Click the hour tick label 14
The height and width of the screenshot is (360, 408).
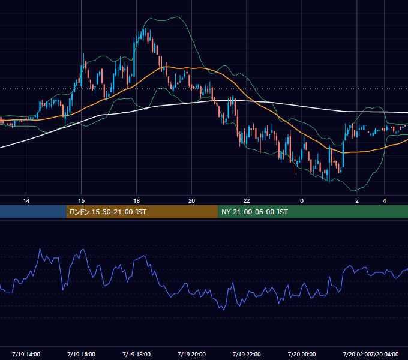tap(26, 201)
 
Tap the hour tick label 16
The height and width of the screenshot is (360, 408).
tap(81, 201)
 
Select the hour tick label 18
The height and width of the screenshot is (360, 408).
tap(136, 201)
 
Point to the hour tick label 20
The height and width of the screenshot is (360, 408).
tap(191, 201)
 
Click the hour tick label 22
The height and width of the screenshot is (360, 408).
tap(247, 201)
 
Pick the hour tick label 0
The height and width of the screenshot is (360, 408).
tap(302, 201)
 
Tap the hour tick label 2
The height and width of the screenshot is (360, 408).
tap(357, 201)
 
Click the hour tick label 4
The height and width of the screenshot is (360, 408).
tap(385, 201)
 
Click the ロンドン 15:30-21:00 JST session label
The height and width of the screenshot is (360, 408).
tap(108, 212)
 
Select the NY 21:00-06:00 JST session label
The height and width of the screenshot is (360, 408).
tap(254, 212)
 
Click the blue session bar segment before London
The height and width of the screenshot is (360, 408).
tap(33, 212)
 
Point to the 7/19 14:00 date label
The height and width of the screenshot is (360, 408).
tap(26, 354)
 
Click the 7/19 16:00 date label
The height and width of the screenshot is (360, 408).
tap(81, 354)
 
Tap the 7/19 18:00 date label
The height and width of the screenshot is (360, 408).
tap(136, 354)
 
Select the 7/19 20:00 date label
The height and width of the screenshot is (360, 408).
tap(191, 354)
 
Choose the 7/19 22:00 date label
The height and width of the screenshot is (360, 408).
tap(247, 354)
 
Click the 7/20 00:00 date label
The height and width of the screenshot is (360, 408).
tap(302, 354)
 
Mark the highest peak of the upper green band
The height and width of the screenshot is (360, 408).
tap(178, 17)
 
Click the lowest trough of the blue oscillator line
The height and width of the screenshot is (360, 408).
tap(224, 310)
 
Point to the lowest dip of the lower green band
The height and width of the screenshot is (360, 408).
tap(353, 191)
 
